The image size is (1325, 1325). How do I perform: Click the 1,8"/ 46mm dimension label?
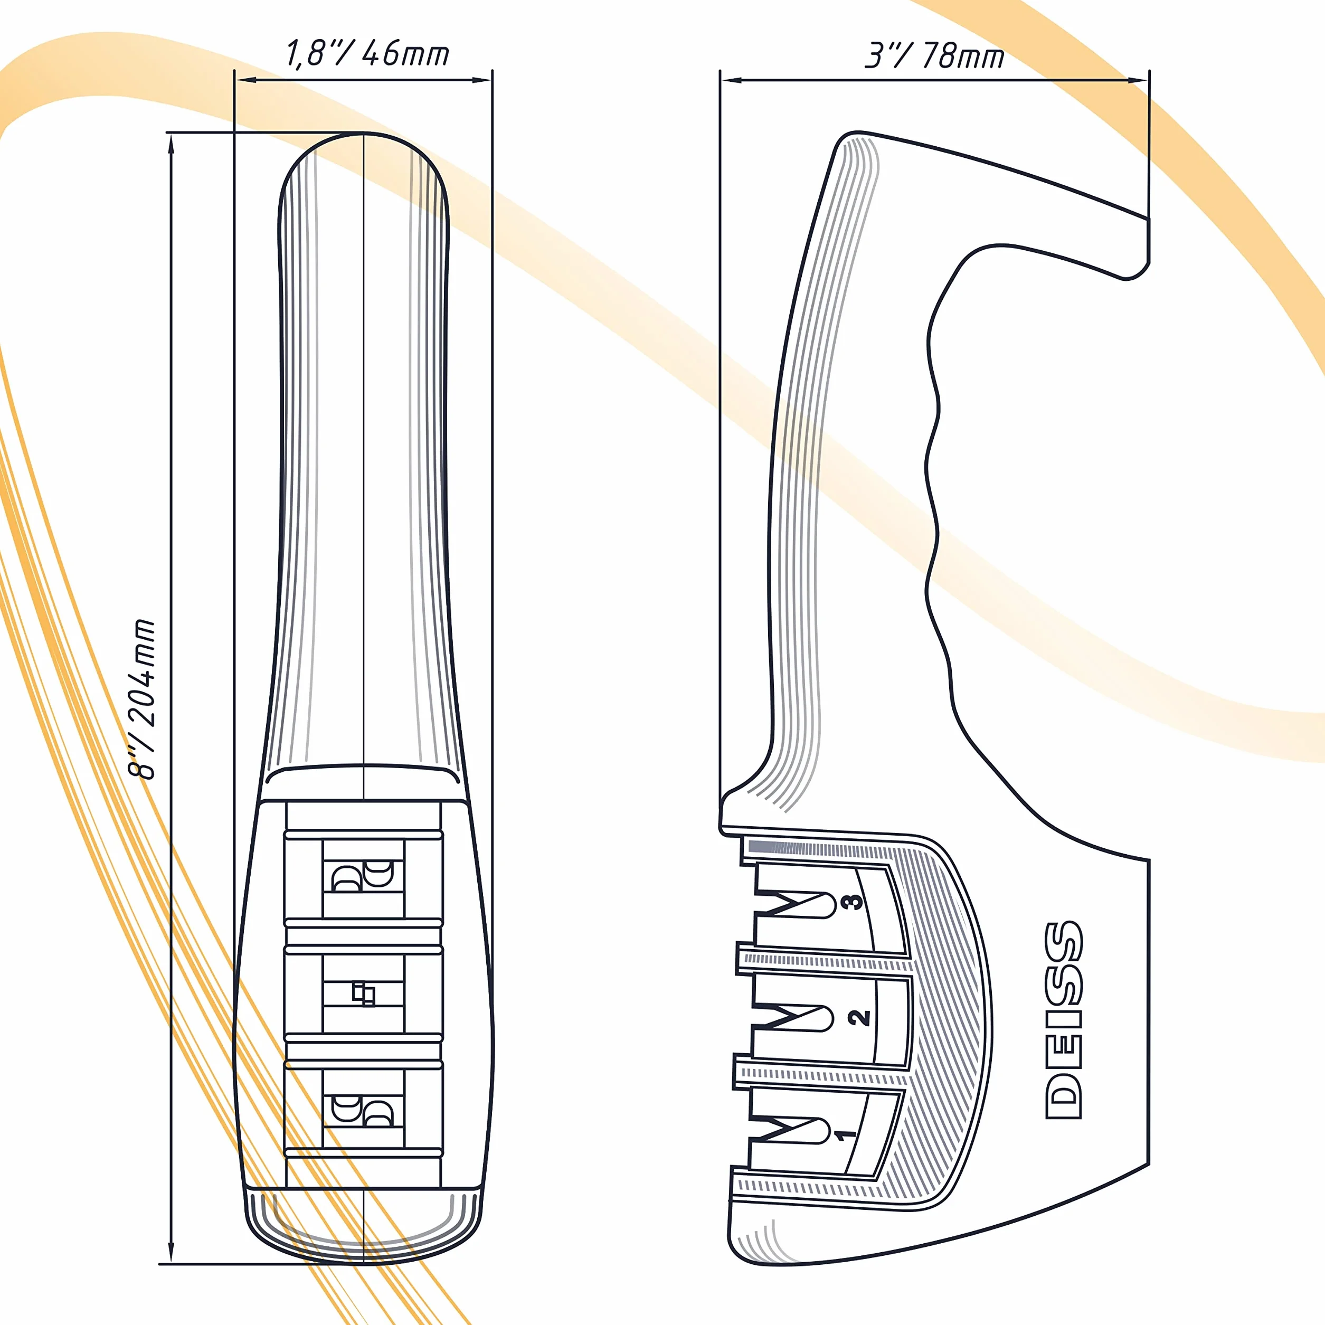[367, 53]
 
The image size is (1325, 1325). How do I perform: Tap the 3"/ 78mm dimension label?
[934, 55]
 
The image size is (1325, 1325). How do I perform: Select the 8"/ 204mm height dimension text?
[143, 699]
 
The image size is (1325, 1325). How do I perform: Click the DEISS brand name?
[1063, 1020]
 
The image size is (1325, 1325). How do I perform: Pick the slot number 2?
[859, 1018]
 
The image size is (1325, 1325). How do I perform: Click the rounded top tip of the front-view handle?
[364, 134]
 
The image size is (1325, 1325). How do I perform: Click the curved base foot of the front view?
[364, 1228]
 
